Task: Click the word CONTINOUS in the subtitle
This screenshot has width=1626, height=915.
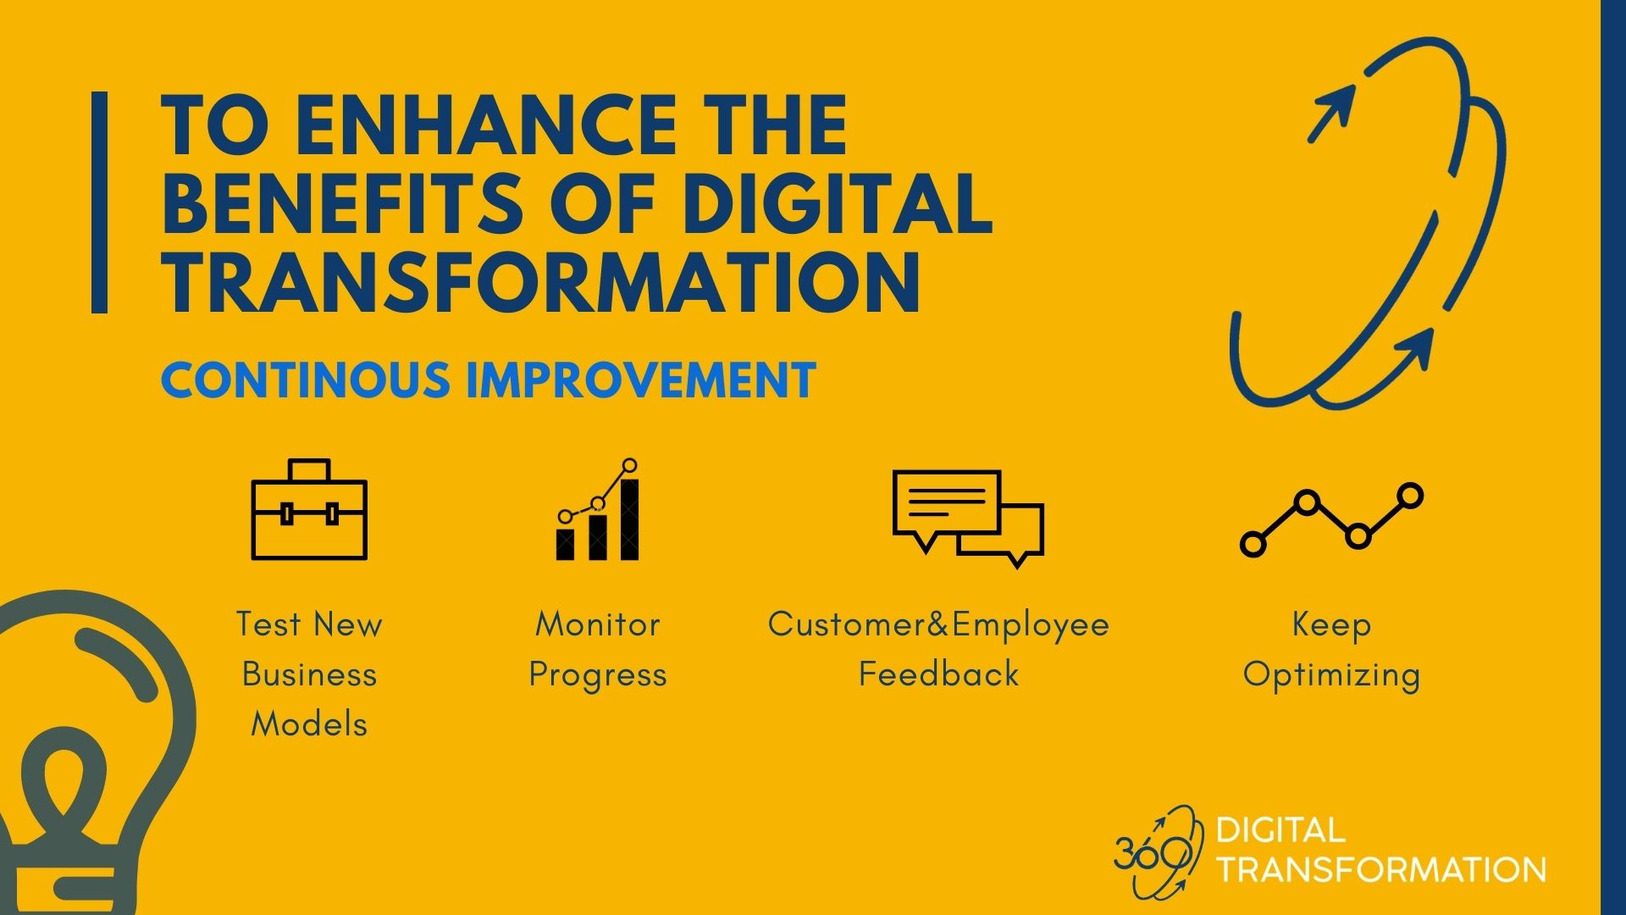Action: click(306, 380)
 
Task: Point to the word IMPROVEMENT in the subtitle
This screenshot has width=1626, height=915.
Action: click(641, 380)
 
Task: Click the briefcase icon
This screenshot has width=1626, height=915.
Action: click(309, 509)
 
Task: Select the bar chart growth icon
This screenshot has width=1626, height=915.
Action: click(597, 509)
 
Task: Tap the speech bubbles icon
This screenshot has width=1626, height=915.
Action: click(968, 518)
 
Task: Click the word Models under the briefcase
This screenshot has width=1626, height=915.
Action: click(309, 724)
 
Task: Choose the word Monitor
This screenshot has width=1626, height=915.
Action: click(597, 624)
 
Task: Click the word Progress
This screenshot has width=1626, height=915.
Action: click(598, 676)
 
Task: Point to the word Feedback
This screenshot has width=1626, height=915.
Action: click(939, 674)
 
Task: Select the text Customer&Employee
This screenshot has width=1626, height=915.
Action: click(938, 625)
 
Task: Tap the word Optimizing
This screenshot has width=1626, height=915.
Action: click(1331, 676)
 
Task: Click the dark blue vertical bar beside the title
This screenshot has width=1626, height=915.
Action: click(99, 202)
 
